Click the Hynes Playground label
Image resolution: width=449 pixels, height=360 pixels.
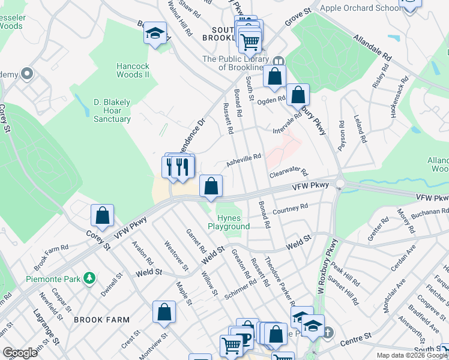tap(229, 222)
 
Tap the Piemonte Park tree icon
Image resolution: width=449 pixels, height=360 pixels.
tap(90, 278)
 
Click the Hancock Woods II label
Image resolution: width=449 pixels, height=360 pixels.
tap(133, 69)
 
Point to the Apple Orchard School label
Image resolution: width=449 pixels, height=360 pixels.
tap(360, 8)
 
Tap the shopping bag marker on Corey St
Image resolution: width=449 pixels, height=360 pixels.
tap(103, 215)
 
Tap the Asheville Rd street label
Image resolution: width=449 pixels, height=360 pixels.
tap(244, 160)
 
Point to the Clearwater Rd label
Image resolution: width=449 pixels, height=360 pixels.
tap(288, 173)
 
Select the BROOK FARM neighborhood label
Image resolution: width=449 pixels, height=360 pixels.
tap(101, 320)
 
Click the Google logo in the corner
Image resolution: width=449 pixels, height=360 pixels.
tap(20, 353)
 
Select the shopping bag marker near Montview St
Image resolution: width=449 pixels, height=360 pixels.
tap(163, 312)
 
